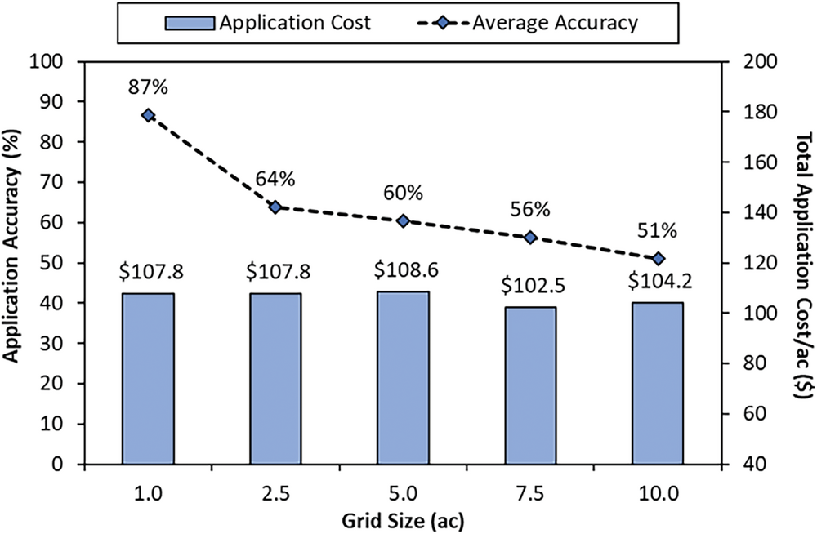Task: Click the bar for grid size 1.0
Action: pos(148,378)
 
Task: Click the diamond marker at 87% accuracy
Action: pos(148,115)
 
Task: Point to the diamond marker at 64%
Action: pos(275,207)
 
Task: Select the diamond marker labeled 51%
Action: pos(659,259)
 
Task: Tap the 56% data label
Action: pos(529,209)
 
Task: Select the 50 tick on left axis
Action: pos(56,263)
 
